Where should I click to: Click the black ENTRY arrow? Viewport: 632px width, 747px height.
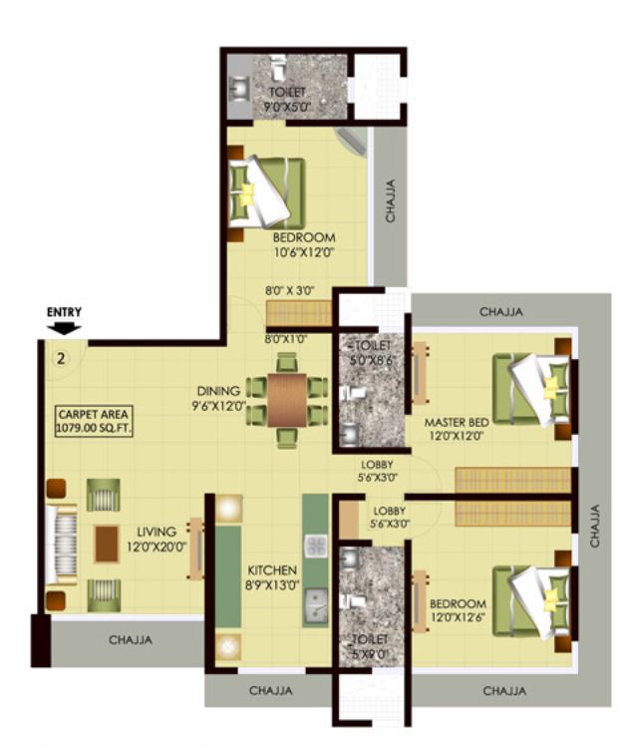(x=65, y=327)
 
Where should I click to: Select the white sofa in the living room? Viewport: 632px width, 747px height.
(x=61, y=544)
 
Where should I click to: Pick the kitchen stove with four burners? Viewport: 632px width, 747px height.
(x=316, y=547)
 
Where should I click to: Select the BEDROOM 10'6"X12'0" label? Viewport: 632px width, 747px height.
(x=303, y=245)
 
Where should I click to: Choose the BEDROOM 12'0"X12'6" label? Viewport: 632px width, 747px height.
(x=458, y=611)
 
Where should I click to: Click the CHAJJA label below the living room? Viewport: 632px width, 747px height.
(x=131, y=640)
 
